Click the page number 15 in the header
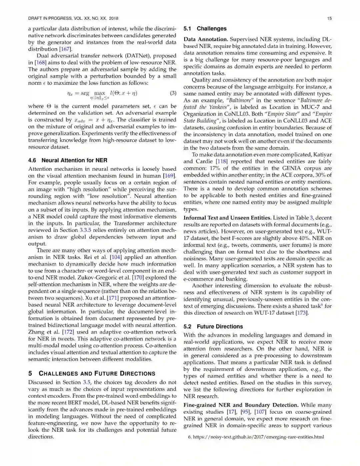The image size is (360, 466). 329,18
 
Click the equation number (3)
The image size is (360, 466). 173,93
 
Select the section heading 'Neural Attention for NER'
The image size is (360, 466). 74,160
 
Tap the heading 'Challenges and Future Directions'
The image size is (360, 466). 97,374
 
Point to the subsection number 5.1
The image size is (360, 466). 187,29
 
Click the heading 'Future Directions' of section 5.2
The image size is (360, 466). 220,327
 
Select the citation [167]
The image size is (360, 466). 65,49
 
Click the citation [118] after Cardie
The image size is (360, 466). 222,161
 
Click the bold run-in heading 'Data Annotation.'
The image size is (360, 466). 206,39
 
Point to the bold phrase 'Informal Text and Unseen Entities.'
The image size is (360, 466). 227,218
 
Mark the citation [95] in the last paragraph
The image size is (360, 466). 246,412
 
